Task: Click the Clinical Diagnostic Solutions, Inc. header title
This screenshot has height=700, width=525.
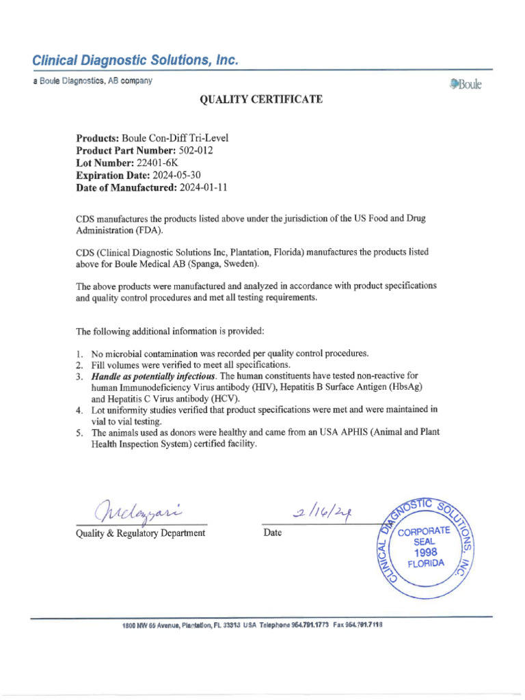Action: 136,61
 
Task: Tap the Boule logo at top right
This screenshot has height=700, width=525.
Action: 465,85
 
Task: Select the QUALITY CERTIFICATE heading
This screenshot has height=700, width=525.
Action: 260,100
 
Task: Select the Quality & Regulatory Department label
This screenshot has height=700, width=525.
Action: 140,533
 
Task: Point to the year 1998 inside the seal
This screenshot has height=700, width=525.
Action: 425,552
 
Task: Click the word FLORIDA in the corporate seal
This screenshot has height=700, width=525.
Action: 425,564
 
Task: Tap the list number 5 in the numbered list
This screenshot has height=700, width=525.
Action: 79,433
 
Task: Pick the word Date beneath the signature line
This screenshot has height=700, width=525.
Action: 272,533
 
